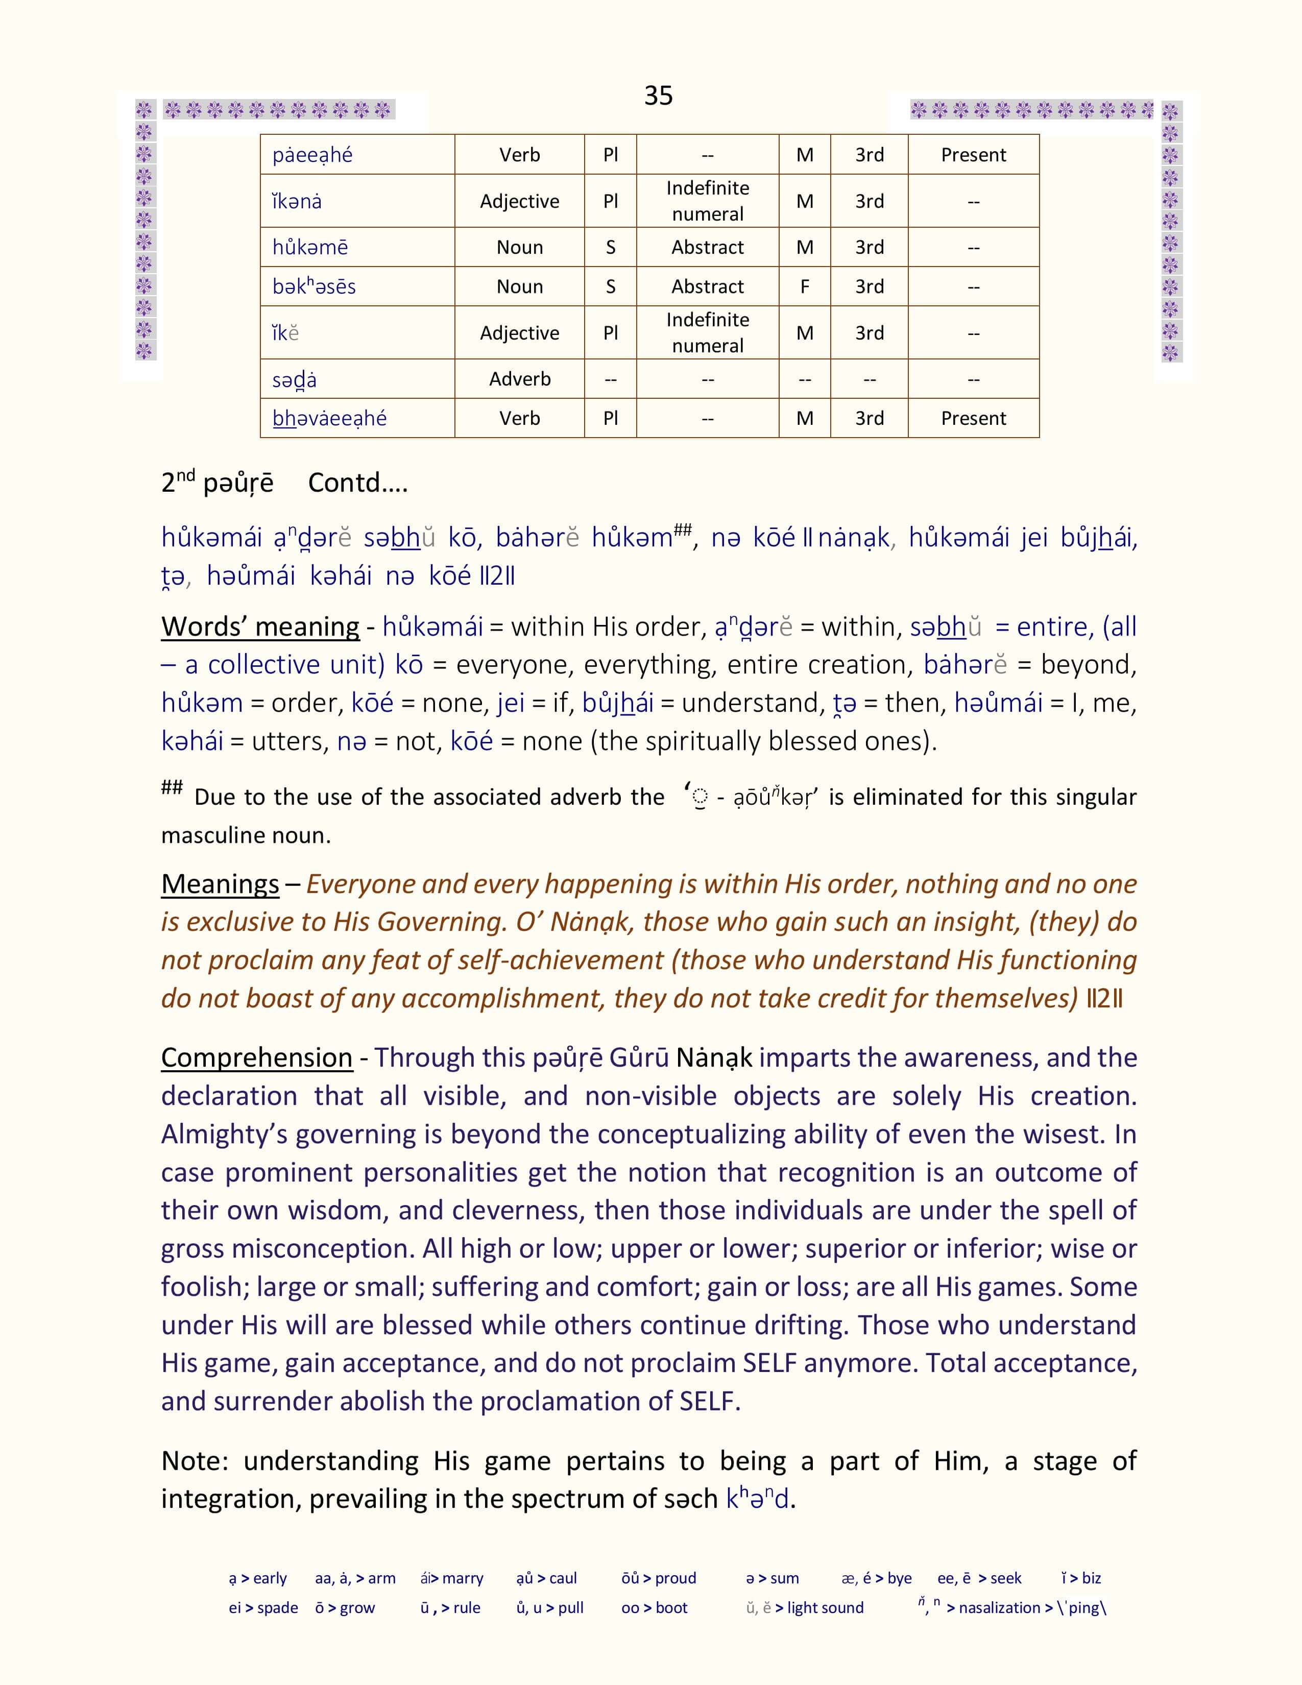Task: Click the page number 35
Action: point(658,95)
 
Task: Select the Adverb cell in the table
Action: point(519,379)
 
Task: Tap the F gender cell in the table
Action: point(805,286)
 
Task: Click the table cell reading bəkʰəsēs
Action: point(314,286)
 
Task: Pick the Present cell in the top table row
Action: point(973,154)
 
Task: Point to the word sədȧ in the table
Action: point(294,379)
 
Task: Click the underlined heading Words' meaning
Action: point(260,627)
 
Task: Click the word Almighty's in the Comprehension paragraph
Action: point(224,1134)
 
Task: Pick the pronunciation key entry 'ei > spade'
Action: point(263,1608)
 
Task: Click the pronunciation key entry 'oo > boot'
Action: point(654,1608)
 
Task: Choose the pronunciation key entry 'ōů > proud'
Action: point(658,1578)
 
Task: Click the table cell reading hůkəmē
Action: point(310,247)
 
